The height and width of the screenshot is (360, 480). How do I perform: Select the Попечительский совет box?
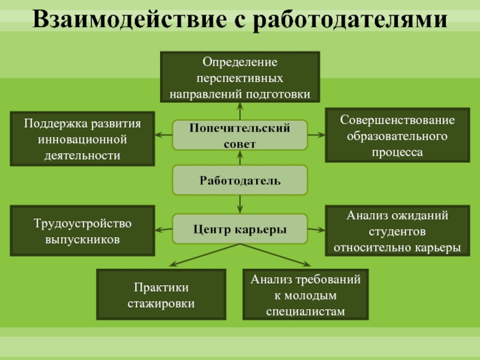click(240, 136)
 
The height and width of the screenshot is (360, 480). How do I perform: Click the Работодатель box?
click(240, 181)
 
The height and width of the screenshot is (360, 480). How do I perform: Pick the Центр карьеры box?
click(240, 229)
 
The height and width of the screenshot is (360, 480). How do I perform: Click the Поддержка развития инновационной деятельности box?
click(82, 139)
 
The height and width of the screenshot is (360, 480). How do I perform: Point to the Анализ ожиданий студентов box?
click(397, 231)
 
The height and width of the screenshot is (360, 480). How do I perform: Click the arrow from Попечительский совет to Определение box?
click(240, 111)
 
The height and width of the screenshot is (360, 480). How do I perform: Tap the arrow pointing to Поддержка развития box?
click(163, 135)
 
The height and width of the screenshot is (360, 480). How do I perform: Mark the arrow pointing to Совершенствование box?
click(316, 135)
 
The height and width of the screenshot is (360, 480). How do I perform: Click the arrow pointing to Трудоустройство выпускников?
click(163, 229)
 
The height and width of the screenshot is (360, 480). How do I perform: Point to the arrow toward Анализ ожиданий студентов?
click(316, 229)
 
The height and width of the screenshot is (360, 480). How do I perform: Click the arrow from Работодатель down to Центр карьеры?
click(240, 205)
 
